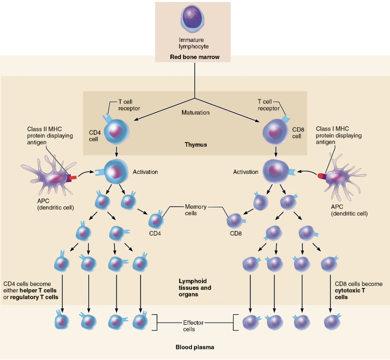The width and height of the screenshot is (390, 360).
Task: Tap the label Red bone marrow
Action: [195, 57]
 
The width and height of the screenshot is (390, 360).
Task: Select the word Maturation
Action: [195, 113]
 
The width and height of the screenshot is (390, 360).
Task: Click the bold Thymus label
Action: [196, 145]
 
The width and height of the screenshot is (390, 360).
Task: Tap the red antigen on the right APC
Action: [321, 176]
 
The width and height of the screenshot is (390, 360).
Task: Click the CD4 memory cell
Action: [156, 220]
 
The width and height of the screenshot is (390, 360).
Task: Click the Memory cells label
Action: [196, 210]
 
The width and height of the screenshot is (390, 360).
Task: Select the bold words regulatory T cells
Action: [34, 297]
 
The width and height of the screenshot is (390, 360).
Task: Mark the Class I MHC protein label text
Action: [339, 135]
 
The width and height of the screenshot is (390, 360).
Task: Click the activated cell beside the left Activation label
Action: [115, 172]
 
